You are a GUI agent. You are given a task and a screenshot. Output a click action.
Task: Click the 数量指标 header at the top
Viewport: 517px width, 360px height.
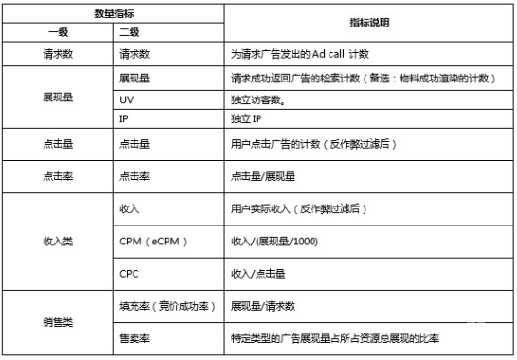coord(113,13)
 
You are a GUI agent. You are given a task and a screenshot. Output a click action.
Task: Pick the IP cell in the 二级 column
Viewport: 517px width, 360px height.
coord(124,120)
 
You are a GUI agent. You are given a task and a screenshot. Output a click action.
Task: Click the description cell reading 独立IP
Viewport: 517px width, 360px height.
coord(249,120)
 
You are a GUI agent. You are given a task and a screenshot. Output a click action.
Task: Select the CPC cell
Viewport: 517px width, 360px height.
coord(130,273)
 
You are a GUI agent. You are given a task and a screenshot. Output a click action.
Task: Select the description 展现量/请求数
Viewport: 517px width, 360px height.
coord(265,306)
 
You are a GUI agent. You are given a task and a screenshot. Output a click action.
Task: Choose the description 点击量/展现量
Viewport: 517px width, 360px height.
coord(265,176)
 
